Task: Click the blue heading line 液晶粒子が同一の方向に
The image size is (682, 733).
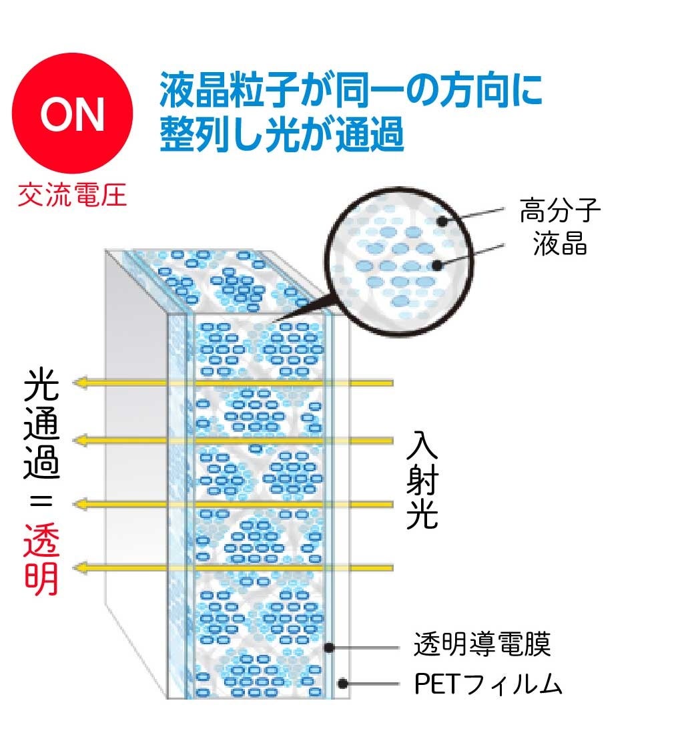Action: tap(351, 91)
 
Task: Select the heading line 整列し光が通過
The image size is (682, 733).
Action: tap(282, 134)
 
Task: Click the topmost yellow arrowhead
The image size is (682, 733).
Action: tap(82, 383)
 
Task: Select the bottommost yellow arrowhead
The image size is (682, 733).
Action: tap(82, 567)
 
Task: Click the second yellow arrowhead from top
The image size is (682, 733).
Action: tap(82, 439)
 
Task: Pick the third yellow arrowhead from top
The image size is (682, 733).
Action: tap(82, 503)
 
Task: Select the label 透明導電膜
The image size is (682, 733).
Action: tap(482, 646)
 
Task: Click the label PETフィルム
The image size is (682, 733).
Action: tap(488, 684)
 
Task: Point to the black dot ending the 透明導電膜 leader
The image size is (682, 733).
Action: tap(329, 646)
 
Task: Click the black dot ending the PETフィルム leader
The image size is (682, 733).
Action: tap(342, 684)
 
